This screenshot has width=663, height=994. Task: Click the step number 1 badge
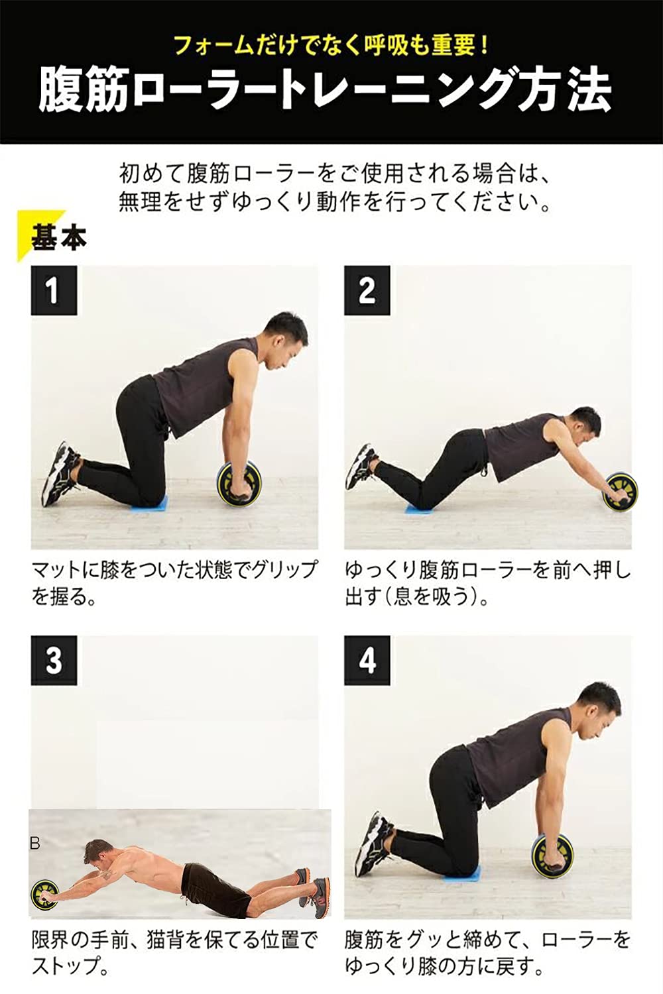click(54, 290)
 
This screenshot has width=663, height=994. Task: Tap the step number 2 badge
click(367, 290)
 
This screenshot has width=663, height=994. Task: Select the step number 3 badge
click(54, 660)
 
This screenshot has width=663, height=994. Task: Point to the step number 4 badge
click(367, 660)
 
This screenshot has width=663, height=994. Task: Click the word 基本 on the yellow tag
click(58, 237)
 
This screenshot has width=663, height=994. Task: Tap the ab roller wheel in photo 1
click(238, 486)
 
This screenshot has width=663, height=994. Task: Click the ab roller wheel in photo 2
click(619, 491)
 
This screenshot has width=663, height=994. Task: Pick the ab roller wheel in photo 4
click(552, 857)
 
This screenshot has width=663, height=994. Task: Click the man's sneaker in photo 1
click(59, 473)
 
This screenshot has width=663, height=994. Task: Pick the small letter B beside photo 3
click(35, 844)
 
